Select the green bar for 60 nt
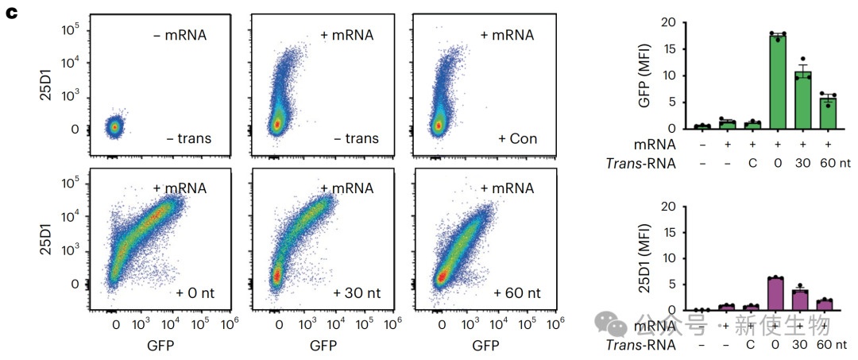[828, 113]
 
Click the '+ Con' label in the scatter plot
[517, 139]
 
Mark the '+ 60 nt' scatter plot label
[517, 292]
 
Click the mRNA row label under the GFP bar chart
[655, 145]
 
